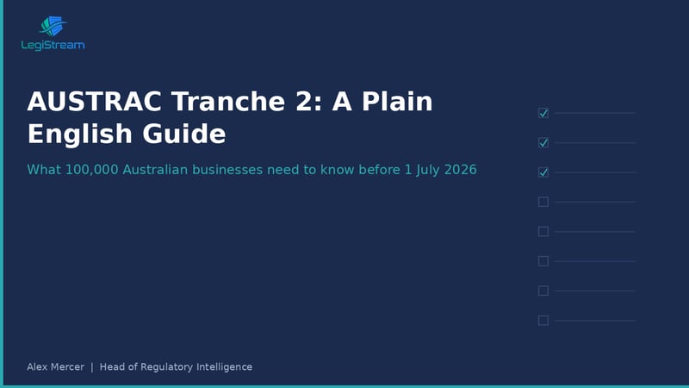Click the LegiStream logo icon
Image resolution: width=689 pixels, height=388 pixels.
(x=53, y=27)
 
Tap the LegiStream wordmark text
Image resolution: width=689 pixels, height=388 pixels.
(x=53, y=46)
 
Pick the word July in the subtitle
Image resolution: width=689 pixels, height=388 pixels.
(x=425, y=170)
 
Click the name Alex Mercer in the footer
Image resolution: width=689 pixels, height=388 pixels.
(x=56, y=367)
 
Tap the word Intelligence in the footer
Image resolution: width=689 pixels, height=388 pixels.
(x=225, y=367)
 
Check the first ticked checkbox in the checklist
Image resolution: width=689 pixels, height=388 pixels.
(x=543, y=113)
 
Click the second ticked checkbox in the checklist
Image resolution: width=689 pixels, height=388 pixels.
(x=543, y=142)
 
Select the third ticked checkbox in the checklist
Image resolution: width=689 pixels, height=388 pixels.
(x=543, y=172)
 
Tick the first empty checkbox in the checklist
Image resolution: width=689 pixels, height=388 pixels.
(x=543, y=202)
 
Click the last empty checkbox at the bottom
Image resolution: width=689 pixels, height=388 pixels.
(x=543, y=320)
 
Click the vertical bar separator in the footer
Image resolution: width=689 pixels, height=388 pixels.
(x=92, y=367)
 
